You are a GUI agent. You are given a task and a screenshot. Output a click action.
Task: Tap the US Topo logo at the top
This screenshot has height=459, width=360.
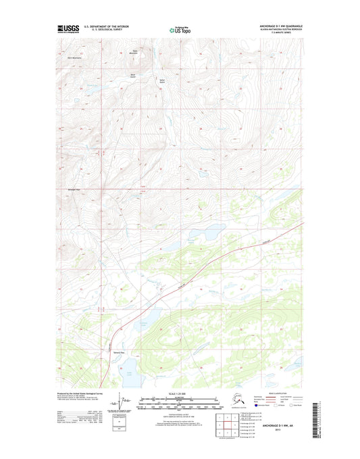click(x=179, y=30)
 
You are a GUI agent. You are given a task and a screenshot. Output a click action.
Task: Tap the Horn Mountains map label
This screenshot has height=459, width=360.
click(x=74, y=57)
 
